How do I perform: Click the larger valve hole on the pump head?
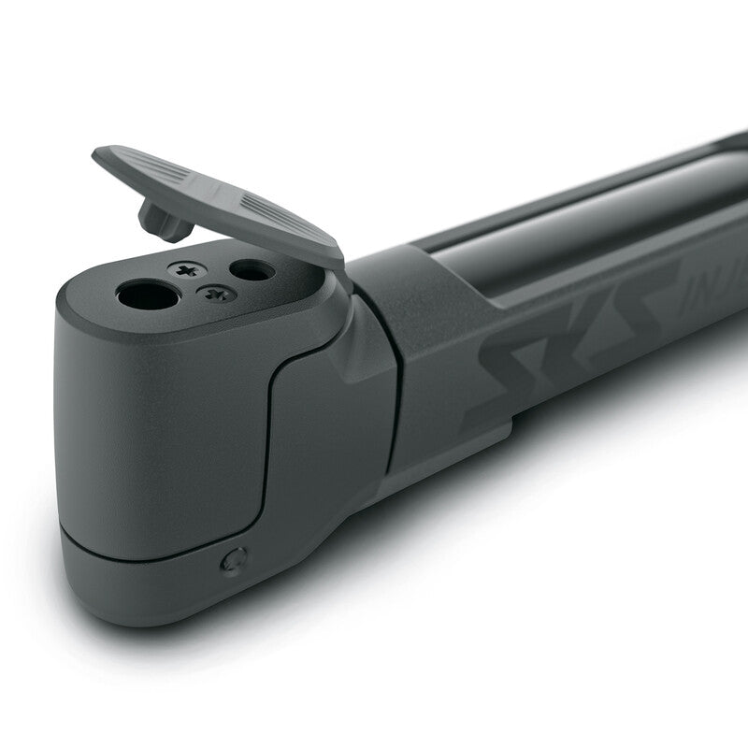148,296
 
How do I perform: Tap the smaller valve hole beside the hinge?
252,270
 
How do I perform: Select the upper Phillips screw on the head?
187,270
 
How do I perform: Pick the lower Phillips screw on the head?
217,294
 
